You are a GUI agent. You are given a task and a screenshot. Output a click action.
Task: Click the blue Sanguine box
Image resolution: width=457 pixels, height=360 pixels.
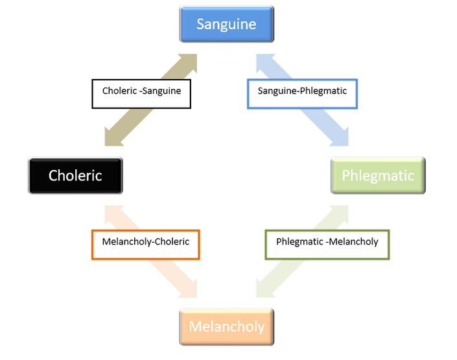pyautogui.click(x=226, y=24)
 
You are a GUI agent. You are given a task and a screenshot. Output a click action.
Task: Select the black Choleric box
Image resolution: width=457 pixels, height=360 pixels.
pyautogui.click(x=75, y=175)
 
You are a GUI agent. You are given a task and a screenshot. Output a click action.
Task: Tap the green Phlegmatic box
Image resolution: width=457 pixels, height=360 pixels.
pyautogui.click(x=378, y=175)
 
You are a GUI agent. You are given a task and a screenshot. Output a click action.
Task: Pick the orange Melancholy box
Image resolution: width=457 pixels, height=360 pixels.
pyautogui.click(x=226, y=327)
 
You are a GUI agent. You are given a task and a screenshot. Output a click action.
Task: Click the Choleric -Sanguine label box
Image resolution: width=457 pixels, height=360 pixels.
pyautogui.click(x=141, y=94)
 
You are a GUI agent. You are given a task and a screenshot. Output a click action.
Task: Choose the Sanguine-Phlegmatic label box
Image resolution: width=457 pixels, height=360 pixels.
pyautogui.click(x=302, y=94)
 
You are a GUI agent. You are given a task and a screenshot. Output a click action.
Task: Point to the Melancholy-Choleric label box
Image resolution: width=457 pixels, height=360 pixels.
pyautogui.click(x=146, y=245)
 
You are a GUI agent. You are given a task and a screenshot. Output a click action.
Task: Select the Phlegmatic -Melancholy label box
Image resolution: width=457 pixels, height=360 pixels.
pyautogui.click(x=327, y=245)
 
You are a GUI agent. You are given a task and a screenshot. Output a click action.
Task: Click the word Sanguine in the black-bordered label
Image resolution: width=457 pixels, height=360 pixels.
pyautogui.click(x=162, y=91)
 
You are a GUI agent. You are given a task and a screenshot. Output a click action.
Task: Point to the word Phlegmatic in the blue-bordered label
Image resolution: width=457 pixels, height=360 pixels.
pyautogui.click(x=323, y=91)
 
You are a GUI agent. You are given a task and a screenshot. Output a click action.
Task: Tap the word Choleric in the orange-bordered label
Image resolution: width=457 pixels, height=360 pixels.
pyautogui.click(x=172, y=241)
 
